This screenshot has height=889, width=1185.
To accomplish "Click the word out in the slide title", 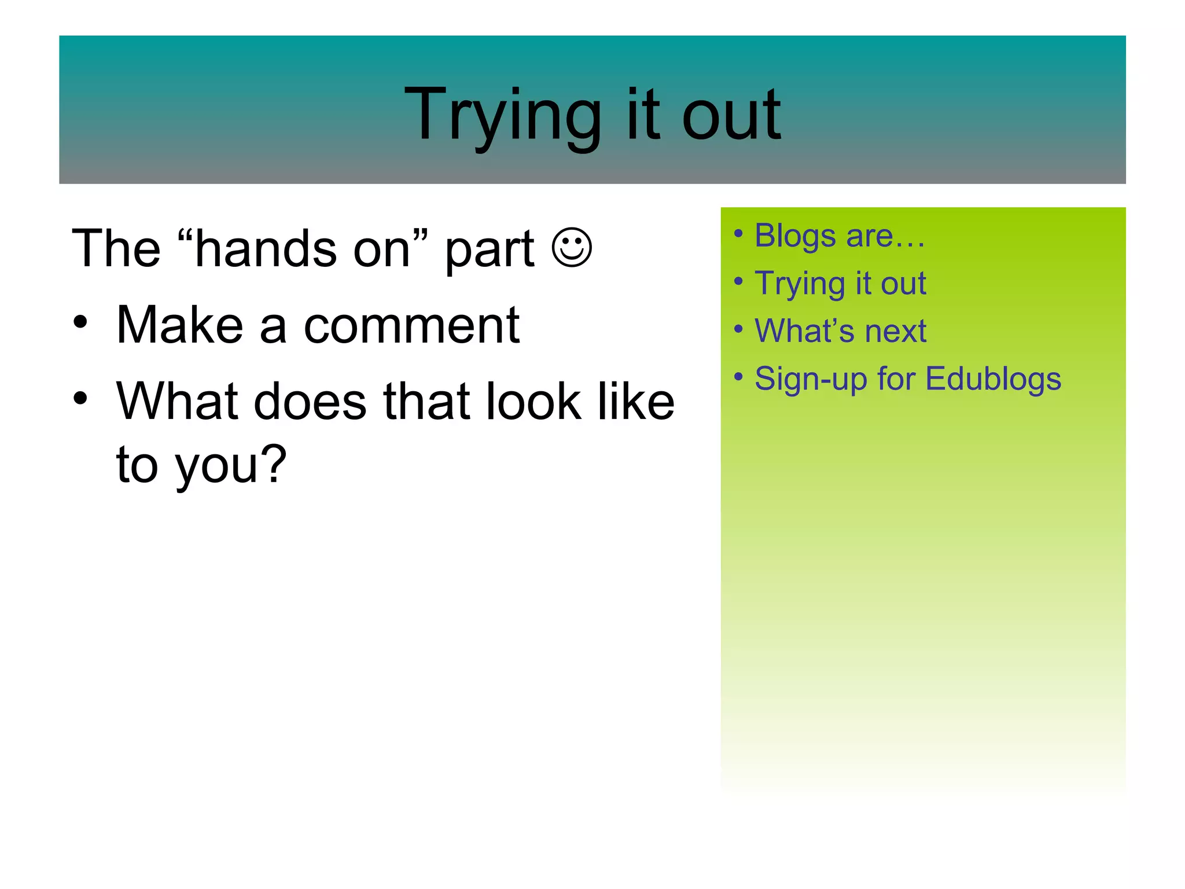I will tap(731, 116).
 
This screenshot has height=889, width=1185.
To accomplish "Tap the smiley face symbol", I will tap(572, 248).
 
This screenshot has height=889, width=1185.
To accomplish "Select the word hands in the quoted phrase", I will tap(266, 249).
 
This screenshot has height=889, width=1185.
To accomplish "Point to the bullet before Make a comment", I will tap(80, 322).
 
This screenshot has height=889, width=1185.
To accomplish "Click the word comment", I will tap(411, 326).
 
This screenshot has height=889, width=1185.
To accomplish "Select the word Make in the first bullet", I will tap(179, 325).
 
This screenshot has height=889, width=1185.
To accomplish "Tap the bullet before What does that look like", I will tap(80, 398).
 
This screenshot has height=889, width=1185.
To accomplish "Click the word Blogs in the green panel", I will tap(795, 236).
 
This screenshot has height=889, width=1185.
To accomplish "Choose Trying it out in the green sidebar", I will tap(840, 284).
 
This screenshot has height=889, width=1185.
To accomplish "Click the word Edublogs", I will tap(993, 379).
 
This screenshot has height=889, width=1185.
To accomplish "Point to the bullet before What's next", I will tap(738, 329).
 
